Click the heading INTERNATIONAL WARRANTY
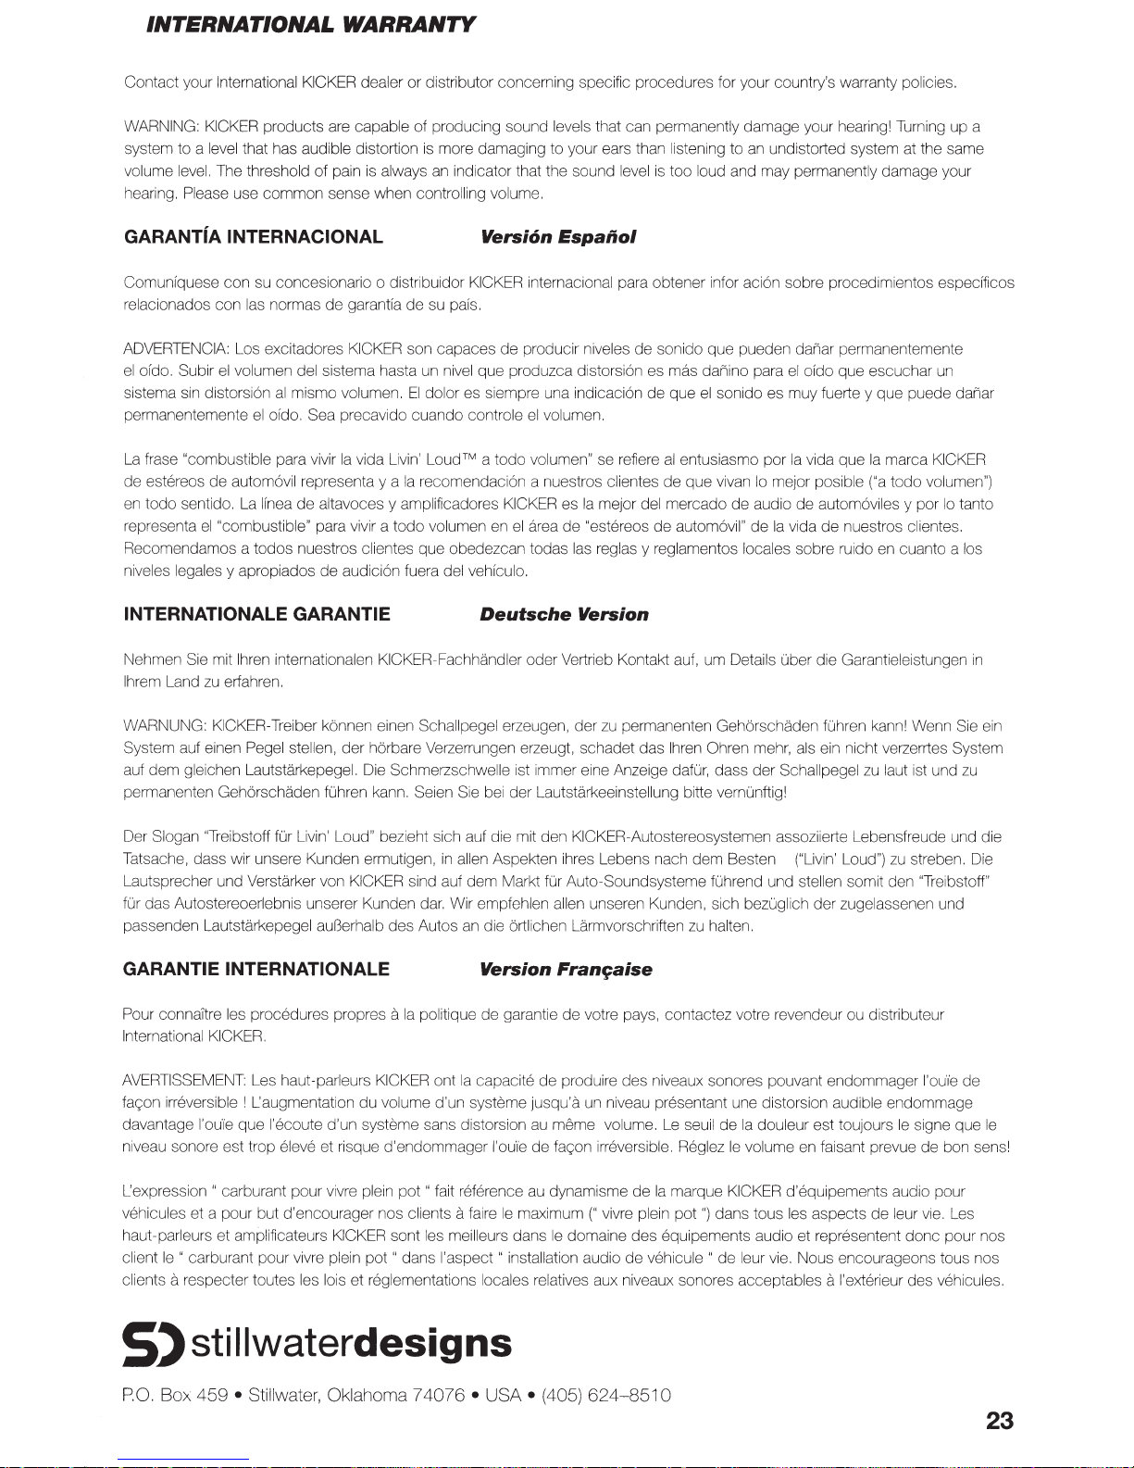[310, 25]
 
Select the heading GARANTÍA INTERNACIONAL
[253, 236]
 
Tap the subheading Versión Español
[558, 237]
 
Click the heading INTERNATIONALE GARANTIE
[256, 614]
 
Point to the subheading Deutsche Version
[564, 614]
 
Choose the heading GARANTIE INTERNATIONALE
[255, 969]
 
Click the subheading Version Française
[566, 970]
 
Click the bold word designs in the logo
[433, 1343]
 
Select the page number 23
[999, 1421]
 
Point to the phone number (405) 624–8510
[606, 1396]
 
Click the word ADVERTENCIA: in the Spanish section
[176, 349]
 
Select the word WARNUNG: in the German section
[164, 725]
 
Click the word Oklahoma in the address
[365, 1396]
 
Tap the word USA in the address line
[505, 1396]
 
